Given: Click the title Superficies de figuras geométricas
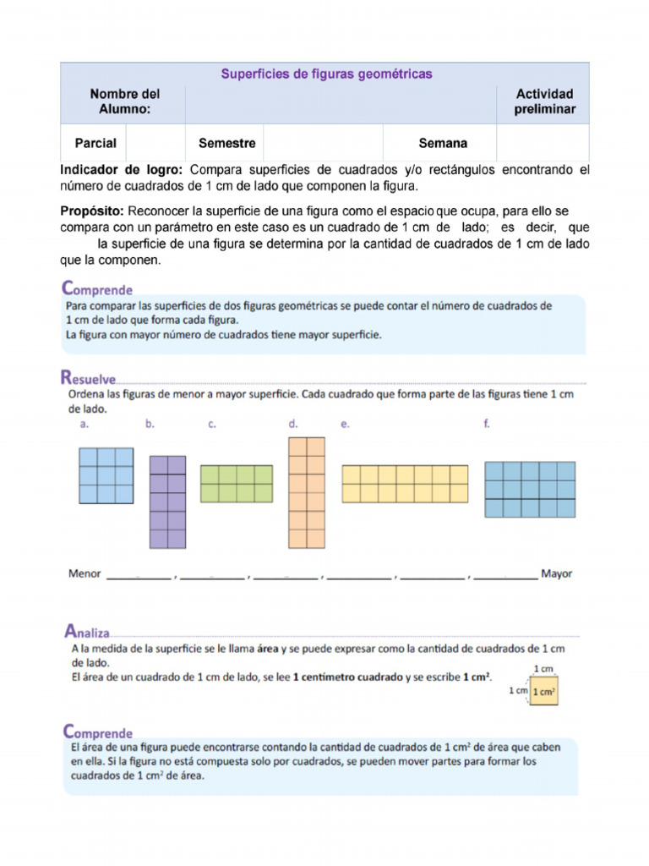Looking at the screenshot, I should pyautogui.click(x=326, y=74).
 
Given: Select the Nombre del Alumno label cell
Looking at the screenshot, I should pyautogui.click(x=124, y=101).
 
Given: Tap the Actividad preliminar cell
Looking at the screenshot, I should pyautogui.click(x=545, y=101).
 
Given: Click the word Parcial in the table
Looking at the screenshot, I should pyautogui.click(x=95, y=143).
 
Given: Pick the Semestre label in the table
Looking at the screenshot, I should pyautogui.click(x=226, y=143).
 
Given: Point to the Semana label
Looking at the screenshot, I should pyautogui.click(x=443, y=143).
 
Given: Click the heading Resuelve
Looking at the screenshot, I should pyautogui.click(x=88, y=377).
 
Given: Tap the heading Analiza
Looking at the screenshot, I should pyautogui.click(x=86, y=631).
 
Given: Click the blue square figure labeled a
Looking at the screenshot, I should pyautogui.click(x=106, y=476).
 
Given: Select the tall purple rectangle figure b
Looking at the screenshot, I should pyautogui.click(x=167, y=502).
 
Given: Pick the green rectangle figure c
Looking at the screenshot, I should pyautogui.click(x=236, y=483).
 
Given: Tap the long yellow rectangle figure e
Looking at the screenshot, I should pyautogui.click(x=404, y=484).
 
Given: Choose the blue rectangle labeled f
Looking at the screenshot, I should pyautogui.click(x=530, y=489).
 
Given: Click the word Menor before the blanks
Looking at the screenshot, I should pyautogui.click(x=85, y=574).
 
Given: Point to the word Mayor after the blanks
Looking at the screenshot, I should pyautogui.click(x=556, y=574).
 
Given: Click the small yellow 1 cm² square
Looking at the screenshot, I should pyautogui.click(x=544, y=692).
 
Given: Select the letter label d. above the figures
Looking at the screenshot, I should pyautogui.click(x=292, y=425).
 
